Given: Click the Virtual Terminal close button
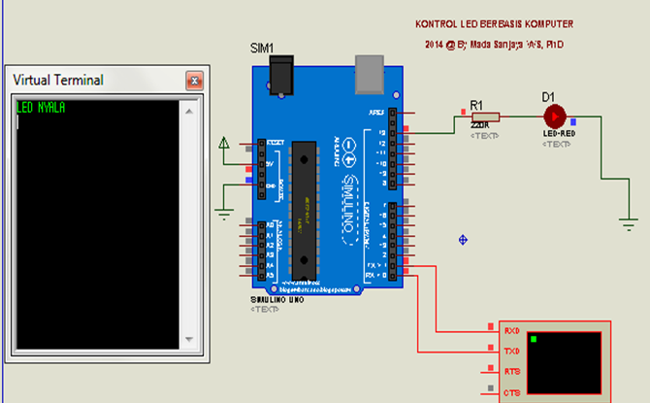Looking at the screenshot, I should (194, 81).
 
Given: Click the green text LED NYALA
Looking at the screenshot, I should (41, 108).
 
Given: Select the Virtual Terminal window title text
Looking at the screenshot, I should (57, 80).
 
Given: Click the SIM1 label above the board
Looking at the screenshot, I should (263, 48).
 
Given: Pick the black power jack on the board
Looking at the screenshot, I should (282, 73).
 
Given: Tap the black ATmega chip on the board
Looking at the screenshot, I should (305, 209).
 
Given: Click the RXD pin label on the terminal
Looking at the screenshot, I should (512, 331).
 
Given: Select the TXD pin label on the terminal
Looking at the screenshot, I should (512, 351).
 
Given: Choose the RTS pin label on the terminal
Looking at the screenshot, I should (512, 372).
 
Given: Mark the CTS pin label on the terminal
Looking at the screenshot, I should (512, 392).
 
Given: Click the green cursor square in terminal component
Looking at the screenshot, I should (533, 339).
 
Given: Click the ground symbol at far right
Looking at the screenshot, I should (630, 223).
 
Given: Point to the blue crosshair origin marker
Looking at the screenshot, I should (464, 239).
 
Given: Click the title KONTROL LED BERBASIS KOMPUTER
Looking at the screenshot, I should (493, 24).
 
